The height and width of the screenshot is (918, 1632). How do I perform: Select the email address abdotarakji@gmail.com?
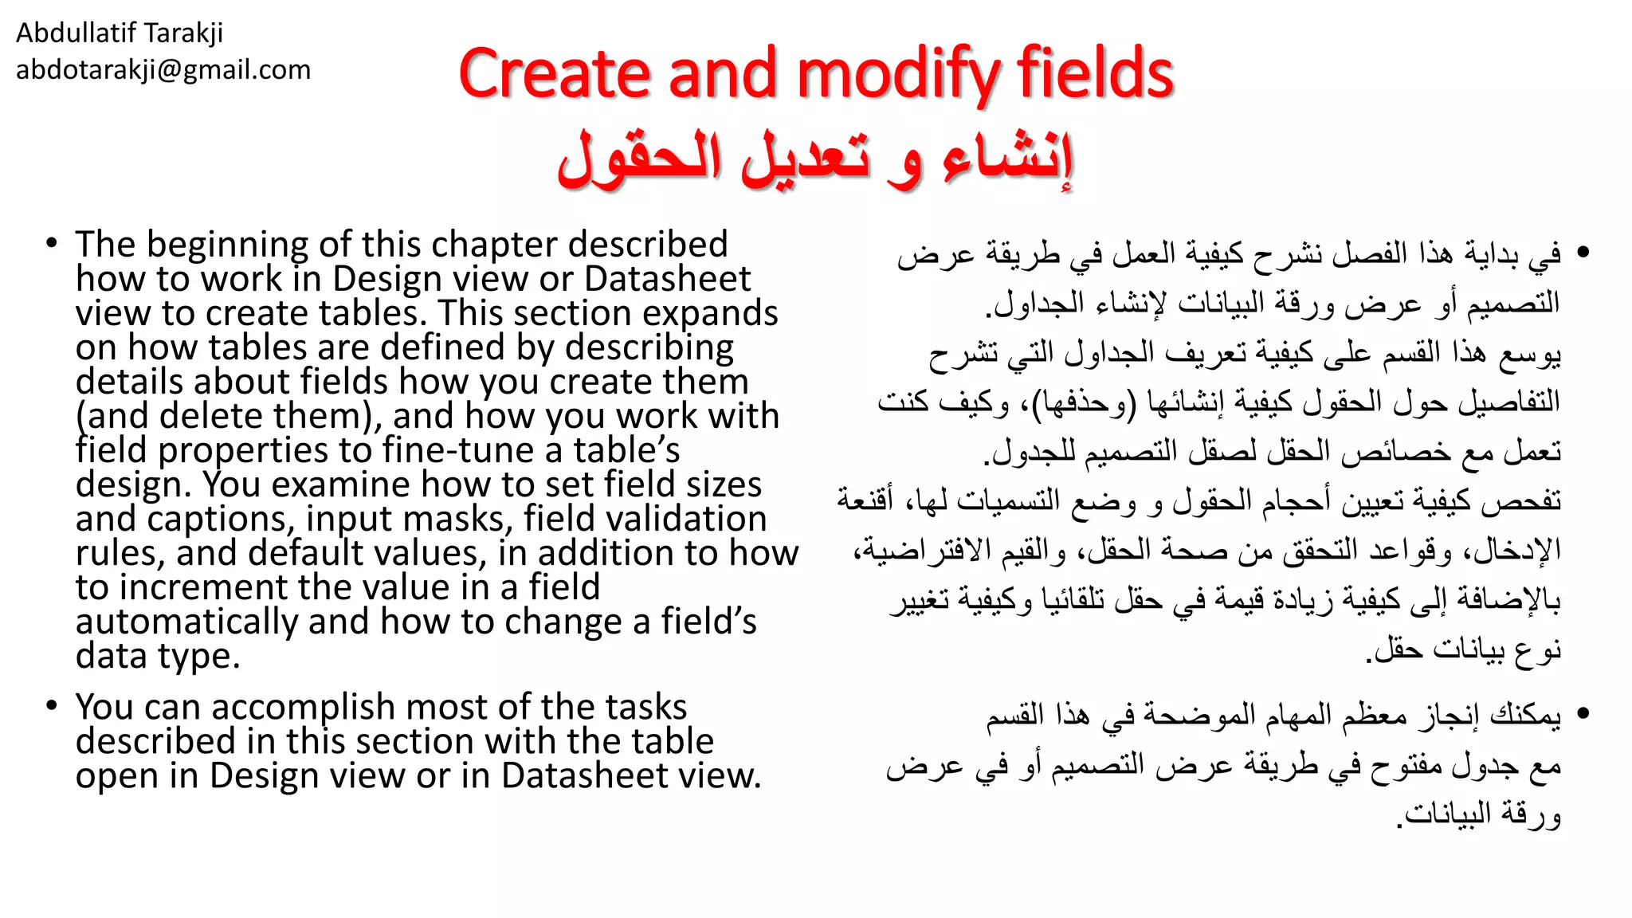pyautogui.click(x=163, y=70)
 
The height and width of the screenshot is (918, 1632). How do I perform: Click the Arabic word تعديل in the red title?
pyautogui.click(x=805, y=159)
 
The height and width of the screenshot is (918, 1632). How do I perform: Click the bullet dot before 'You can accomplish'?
pyautogui.click(x=52, y=706)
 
